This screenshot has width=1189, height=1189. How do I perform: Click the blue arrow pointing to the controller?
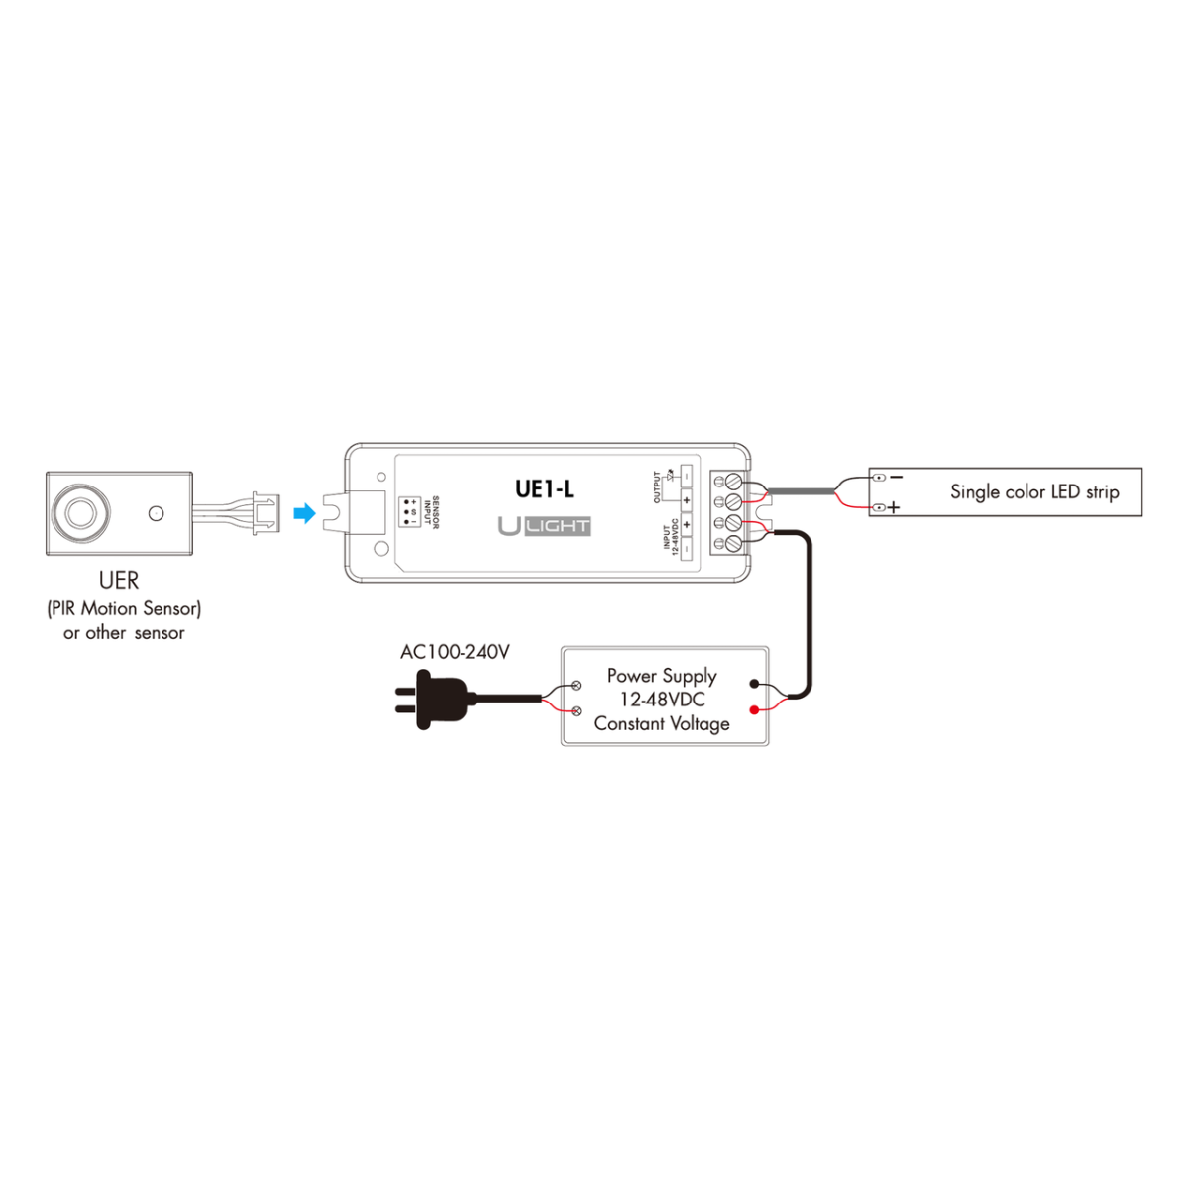pyautogui.click(x=305, y=513)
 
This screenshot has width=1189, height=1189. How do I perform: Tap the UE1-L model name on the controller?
pyautogui.click(x=544, y=488)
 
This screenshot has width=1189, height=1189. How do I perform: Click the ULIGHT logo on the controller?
pyautogui.click(x=544, y=526)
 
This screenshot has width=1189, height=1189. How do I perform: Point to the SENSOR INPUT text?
pyautogui.click(x=431, y=512)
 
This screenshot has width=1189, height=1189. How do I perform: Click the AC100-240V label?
pyautogui.click(x=455, y=652)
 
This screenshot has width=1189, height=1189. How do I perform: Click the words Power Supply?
pyautogui.click(x=662, y=676)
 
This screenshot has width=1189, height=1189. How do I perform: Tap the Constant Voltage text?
pyautogui.click(x=662, y=724)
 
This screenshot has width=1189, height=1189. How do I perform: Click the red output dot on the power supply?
pyautogui.click(x=755, y=709)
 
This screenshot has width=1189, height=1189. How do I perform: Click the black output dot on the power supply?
pyautogui.click(x=755, y=684)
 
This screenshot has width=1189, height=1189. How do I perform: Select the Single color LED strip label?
pyautogui.click(x=1034, y=491)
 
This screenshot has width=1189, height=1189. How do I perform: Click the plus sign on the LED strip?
pyautogui.click(x=894, y=508)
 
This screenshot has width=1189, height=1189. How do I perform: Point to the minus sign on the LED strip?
pyautogui.click(x=896, y=477)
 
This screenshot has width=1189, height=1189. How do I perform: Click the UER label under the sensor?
pyautogui.click(x=119, y=580)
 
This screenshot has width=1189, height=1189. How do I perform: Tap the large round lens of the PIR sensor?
pyautogui.click(x=80, y=513)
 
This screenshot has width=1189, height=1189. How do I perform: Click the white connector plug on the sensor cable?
pyautogui.click(x=266, y=513)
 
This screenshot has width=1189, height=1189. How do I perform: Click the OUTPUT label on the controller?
pyautogui.click(x=657, y=487)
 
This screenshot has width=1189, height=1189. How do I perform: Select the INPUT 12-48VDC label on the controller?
pyautogui.click(x=670, y=536)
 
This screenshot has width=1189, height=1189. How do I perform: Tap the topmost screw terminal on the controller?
pyautogui.click(x=733, y=480)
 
